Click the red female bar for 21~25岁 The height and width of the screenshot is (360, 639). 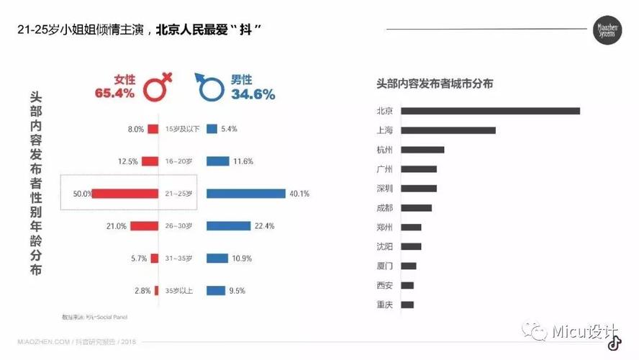click(x=125, y=194)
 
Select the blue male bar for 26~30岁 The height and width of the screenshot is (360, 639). click(x=228, y=226)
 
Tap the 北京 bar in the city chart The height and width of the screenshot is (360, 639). click(x=490, y=111)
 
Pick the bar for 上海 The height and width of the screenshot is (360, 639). click(x=448, y=130)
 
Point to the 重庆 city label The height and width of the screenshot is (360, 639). click(x=384, y=305)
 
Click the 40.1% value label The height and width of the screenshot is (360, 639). click(x=299, y=194)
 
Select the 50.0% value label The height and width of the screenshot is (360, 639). click(x=82, y=194)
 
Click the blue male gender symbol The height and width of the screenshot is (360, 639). click(x=210, y=86)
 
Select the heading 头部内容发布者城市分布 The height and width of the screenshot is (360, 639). click(x=435, y=84)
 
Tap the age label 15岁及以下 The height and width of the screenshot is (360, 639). click(x=178, y=129)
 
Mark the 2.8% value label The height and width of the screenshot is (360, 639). click(x=142, y=291)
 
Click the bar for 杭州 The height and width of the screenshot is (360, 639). click(x=422, y=150)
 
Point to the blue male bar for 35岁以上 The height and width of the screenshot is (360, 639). click(x=215, y=291)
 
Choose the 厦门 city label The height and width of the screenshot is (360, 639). click(x=384, y=266)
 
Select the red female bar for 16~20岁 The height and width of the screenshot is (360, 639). click(x=150, y=161)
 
